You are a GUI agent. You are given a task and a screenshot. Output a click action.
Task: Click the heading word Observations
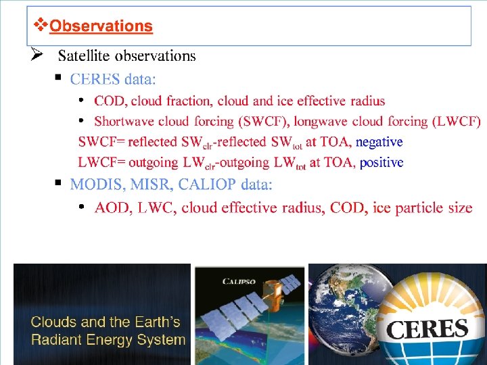pyautogui.click(x=101, y=26)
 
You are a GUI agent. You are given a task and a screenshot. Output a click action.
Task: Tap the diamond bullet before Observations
pyautogui.click(x=41, y=26)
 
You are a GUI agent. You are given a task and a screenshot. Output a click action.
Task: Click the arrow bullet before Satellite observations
pyautogui.click(x=38, y=55)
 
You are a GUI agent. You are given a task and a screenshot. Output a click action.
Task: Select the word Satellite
pyautogui.click(x=84, y=55)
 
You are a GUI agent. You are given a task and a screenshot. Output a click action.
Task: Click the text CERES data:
pyautogui.click(x=112, y=79)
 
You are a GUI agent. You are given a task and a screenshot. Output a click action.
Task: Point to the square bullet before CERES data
pyautogui.click(x=59, y=78)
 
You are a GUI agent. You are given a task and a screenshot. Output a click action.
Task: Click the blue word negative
pyautogui.click(x=379, y=142)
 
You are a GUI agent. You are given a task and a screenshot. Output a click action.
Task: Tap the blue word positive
pyautogui.click(x=381, y=162)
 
